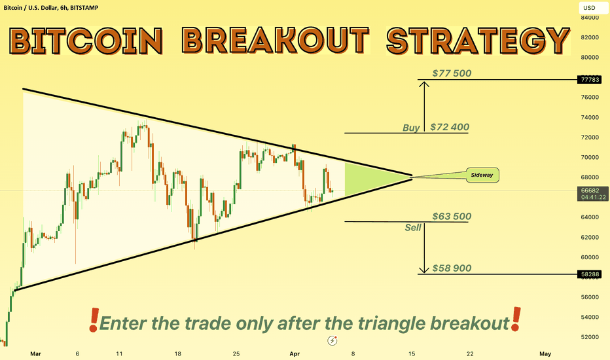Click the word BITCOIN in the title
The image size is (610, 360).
[x=86, y=41]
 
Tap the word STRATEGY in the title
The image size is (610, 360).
[x=478, y=41]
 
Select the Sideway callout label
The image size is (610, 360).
[x=482, y=175]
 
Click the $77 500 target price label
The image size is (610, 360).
[x=452, y=73]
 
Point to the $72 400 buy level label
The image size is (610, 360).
[x=450, y=127]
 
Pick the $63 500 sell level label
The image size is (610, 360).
[x=452, y=217]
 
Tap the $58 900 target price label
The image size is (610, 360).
[x=452, y=268]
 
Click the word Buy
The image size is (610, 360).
[x=411, y=128]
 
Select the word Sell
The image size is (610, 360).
[x=413, y=227]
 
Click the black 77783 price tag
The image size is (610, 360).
[x=590, y=80]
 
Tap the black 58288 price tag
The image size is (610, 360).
[x=590, y=274]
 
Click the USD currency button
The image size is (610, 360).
[x=589, y=8]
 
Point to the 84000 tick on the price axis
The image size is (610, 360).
[x=590, y=18]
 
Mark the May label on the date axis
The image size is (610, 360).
[x=545, y=353]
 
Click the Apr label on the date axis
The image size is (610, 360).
[x=295, y=353]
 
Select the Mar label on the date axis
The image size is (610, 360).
[x=35, y=353]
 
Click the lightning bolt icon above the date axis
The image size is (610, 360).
[x=332, y=340]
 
